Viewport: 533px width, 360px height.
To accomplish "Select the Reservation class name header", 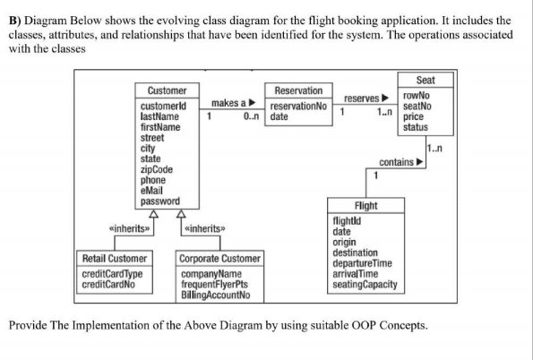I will [x=298, y=90].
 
